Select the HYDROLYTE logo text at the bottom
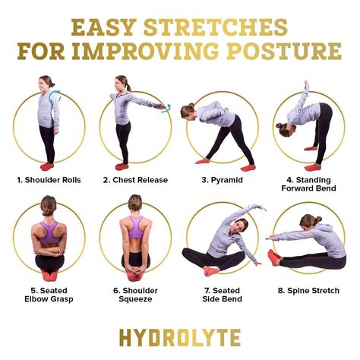click(180, 337)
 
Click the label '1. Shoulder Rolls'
click(48, 180)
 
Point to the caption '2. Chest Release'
click(134, 180)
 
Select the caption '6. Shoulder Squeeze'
click(135, 294)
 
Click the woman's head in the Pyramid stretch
click(187, 111)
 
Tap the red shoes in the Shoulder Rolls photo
click(46, 166)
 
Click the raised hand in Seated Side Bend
click(262, 207)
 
